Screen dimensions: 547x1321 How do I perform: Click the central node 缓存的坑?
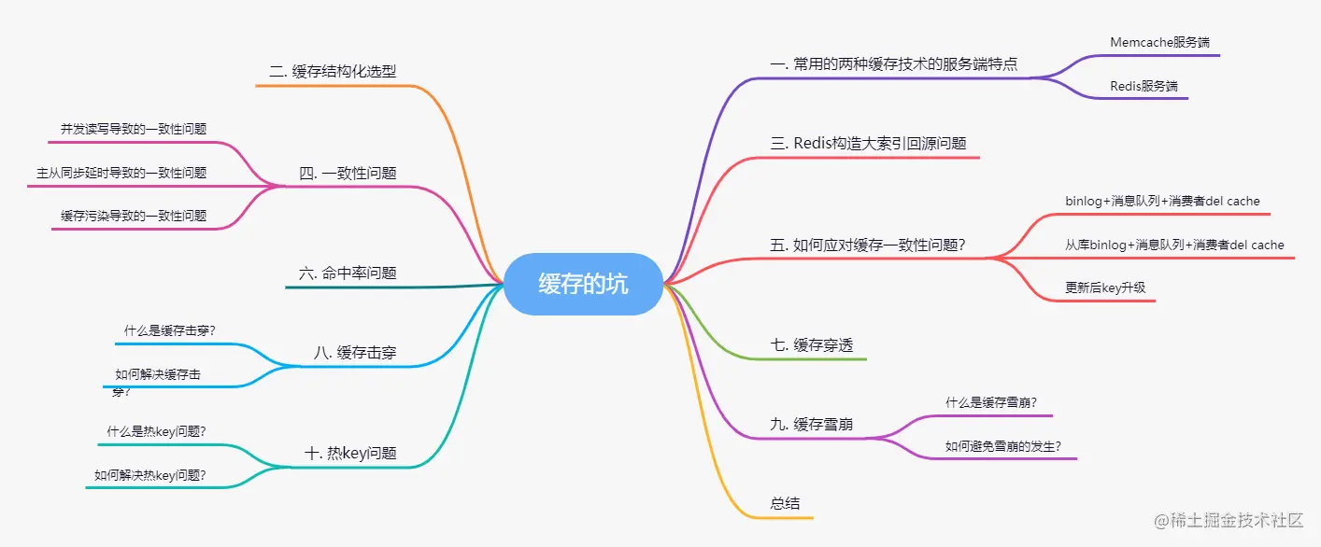583,284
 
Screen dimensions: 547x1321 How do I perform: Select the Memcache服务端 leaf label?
1161,42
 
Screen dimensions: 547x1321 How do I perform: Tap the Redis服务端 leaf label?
1143,86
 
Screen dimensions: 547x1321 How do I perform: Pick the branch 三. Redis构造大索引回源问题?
868,144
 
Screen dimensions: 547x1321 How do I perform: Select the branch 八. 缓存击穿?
355,352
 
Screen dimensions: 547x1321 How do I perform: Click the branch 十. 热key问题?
350,454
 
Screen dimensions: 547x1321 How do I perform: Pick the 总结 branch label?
785,503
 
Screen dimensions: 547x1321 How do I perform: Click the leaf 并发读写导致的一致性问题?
134,129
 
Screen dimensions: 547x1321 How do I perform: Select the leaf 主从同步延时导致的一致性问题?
121,173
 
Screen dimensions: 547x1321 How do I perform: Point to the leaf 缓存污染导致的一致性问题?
134,216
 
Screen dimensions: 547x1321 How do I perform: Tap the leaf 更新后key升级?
1104,288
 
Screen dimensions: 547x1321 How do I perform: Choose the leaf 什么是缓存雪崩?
991,403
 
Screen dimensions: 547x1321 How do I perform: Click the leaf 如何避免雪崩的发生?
1003,446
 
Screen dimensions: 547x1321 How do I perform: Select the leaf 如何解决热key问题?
150,475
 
